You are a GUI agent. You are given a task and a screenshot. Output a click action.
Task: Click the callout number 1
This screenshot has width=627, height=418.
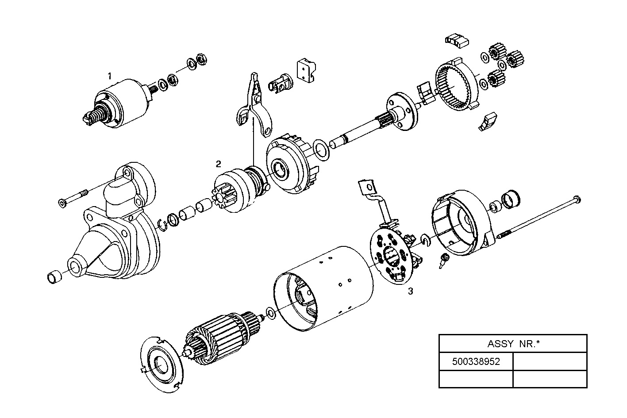109,76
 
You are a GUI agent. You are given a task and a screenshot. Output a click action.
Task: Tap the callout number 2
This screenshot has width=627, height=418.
218,164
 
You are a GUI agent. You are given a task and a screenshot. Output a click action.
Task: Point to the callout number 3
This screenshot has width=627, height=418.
410,291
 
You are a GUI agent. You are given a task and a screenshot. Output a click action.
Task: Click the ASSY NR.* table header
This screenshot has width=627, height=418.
513,343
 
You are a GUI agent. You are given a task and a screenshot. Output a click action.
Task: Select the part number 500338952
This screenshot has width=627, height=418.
476,361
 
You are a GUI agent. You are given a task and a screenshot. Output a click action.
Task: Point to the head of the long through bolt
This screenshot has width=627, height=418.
576,199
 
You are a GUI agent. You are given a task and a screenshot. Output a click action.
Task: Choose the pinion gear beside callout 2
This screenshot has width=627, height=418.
230,192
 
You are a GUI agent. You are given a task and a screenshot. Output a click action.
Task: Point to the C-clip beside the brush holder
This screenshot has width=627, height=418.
426,239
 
